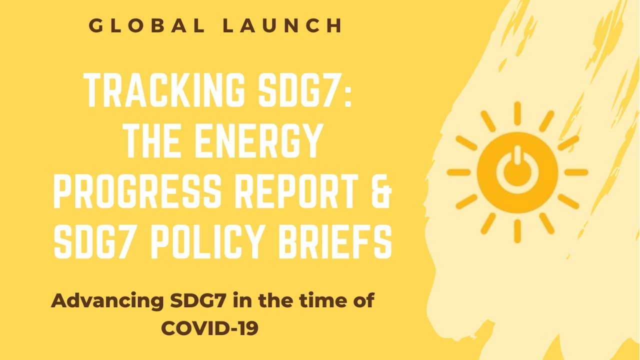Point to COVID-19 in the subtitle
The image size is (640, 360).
click(x=210, y=328)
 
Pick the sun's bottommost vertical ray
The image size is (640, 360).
click(x=517, y=231)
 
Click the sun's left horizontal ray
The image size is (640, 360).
click(x=458, y=172)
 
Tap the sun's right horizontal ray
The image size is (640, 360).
click(x=576, y=172)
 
